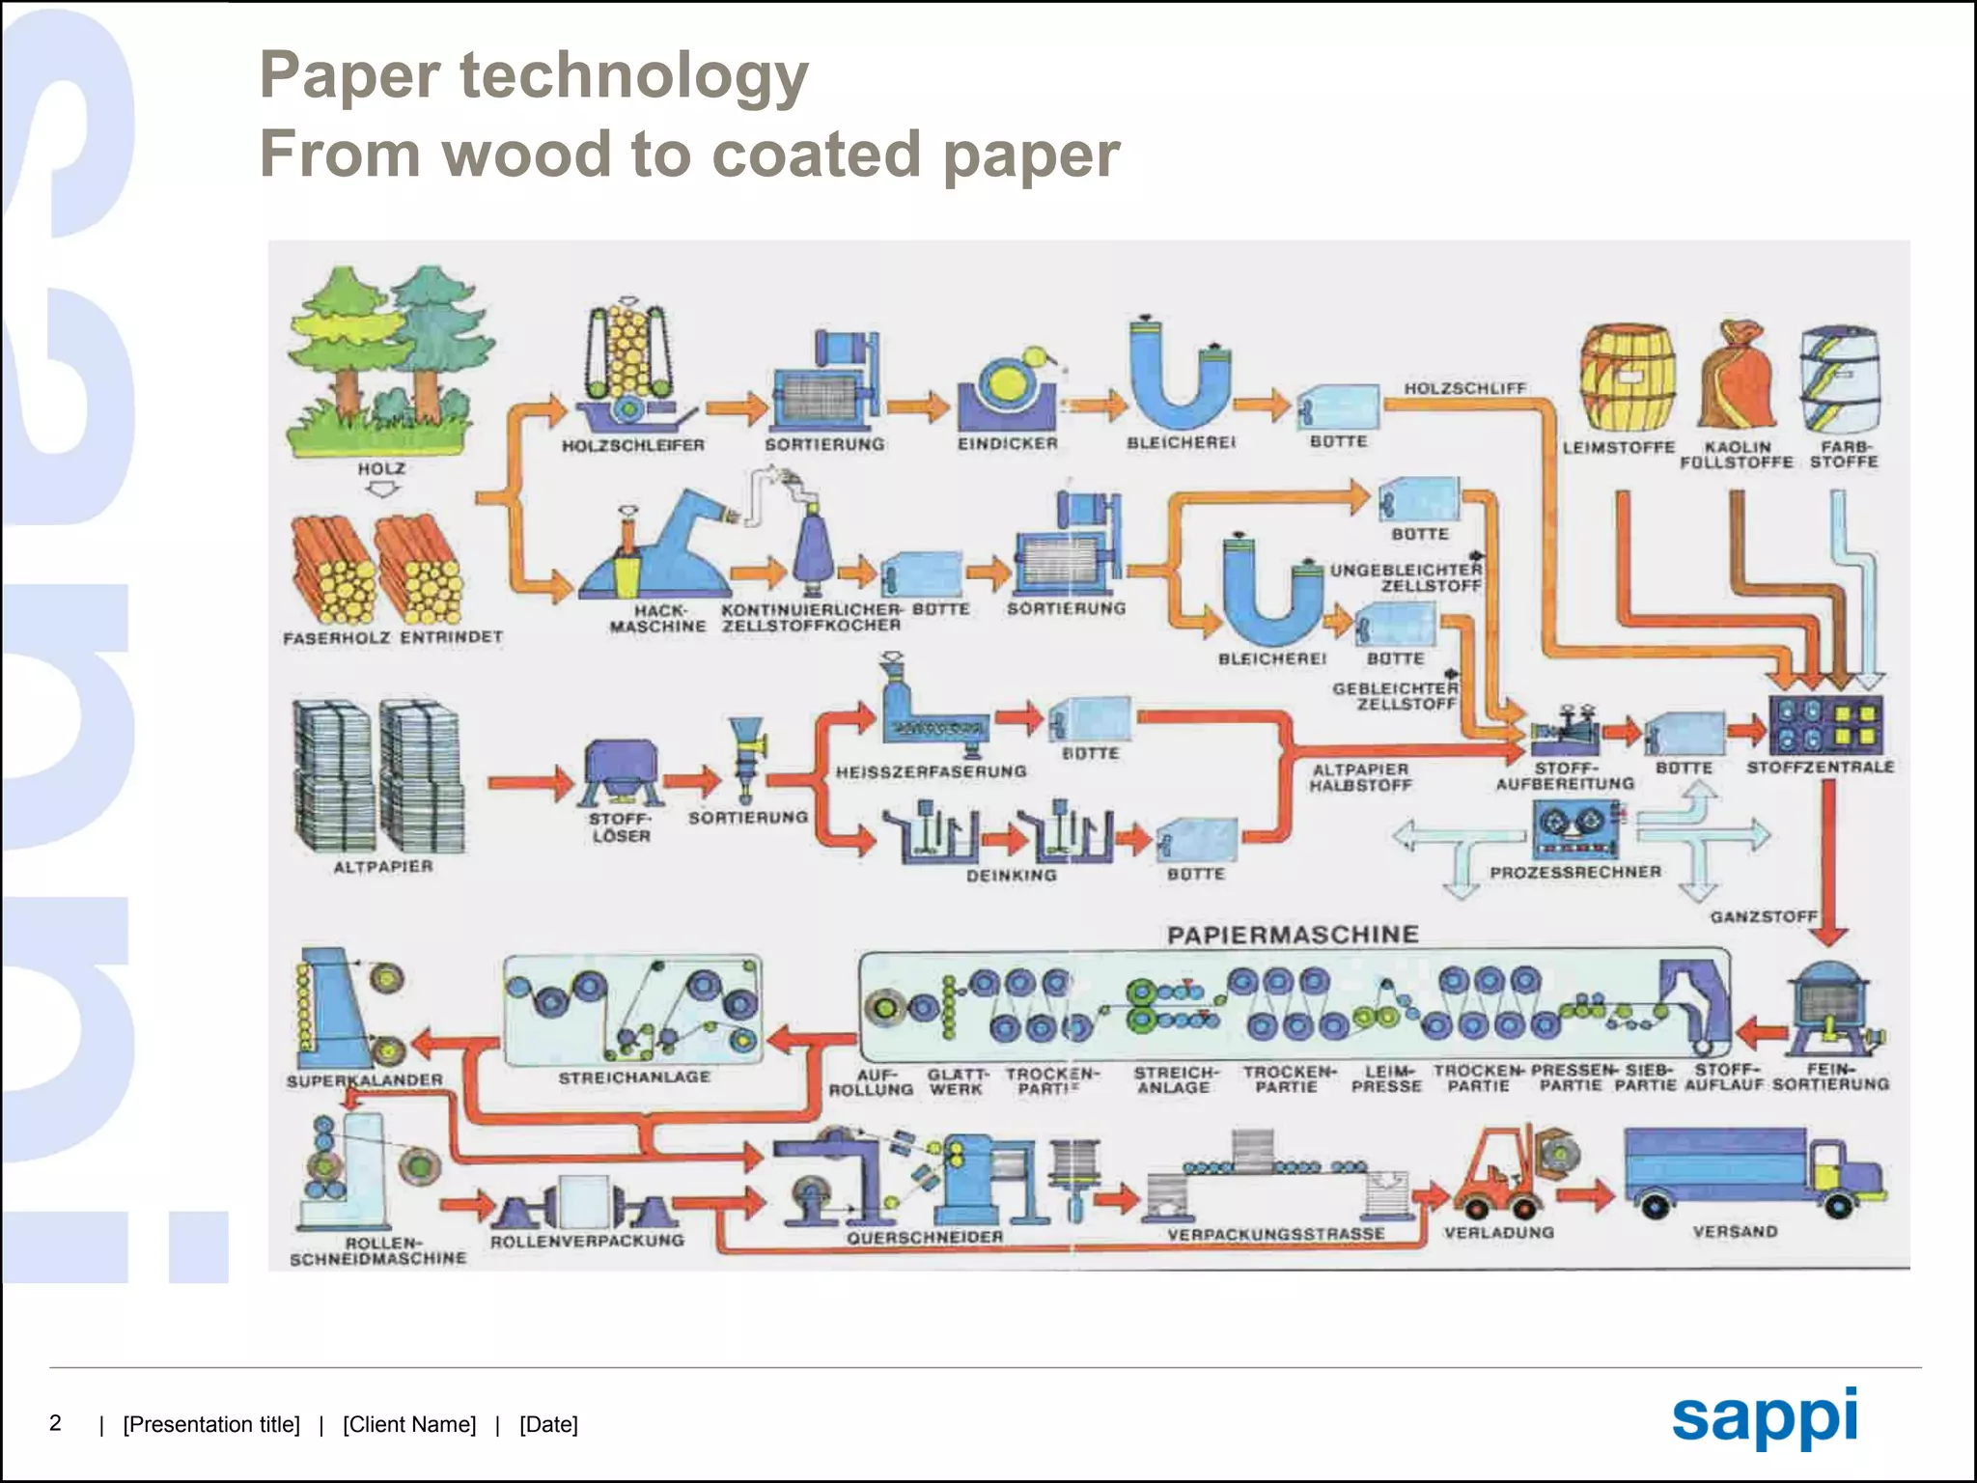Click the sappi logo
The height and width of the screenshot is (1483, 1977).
coord(1764,1417)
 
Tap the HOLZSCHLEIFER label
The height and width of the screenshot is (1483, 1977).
coord(632,445)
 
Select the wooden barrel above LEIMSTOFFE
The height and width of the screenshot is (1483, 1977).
coord(1627,378)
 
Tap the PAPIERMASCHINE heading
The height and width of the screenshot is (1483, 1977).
coord(1293,935)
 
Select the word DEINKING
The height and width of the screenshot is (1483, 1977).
coord(1011,875)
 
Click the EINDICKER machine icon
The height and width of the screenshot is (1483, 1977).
coord(1007,391)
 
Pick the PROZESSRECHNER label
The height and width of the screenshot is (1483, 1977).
coord(1575,872)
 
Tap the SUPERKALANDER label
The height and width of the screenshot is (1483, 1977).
coord(364,1079)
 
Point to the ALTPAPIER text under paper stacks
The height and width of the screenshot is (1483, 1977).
coord(382,866)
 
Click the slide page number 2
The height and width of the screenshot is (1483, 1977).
coord(55,1422)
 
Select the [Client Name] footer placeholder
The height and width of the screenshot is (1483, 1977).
coord(409,1424)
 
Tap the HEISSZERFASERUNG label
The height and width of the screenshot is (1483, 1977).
coord(931,771)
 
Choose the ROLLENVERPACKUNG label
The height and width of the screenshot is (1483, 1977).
coord(587,1240)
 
